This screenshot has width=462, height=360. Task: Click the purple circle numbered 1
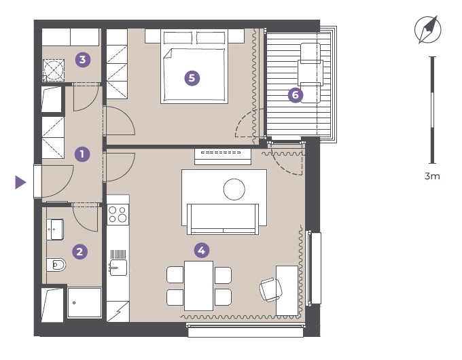coord(82,154)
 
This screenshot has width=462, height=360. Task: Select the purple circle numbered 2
coord(80,251)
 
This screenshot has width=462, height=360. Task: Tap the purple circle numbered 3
coord(82,60)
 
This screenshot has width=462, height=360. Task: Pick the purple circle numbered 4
coord(202,251)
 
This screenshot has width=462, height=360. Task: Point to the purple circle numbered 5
coord(192,78)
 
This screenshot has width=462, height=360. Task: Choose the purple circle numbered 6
coord(296,95)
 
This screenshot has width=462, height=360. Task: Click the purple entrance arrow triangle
coord(20,182)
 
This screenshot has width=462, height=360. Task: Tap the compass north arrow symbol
coord(428,29)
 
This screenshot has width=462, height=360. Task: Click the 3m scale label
coord(432,176)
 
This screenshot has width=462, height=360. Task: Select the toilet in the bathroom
coord(56,265)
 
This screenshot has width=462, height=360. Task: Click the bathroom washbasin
coord(55,229)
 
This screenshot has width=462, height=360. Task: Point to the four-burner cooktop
coord(118,214)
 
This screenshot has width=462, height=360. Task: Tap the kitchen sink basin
coord(118,268)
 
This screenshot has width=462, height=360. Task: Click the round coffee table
coord(234,190)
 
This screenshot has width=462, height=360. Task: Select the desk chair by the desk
coord(271,289)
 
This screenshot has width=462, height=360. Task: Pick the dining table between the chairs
coord(199,286)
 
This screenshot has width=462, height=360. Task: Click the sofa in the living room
coord(223,219)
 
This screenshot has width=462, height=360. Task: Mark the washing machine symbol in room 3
coord(53,70)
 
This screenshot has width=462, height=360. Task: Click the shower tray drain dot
coord(74,303)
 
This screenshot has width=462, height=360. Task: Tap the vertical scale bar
coord(432,110)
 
